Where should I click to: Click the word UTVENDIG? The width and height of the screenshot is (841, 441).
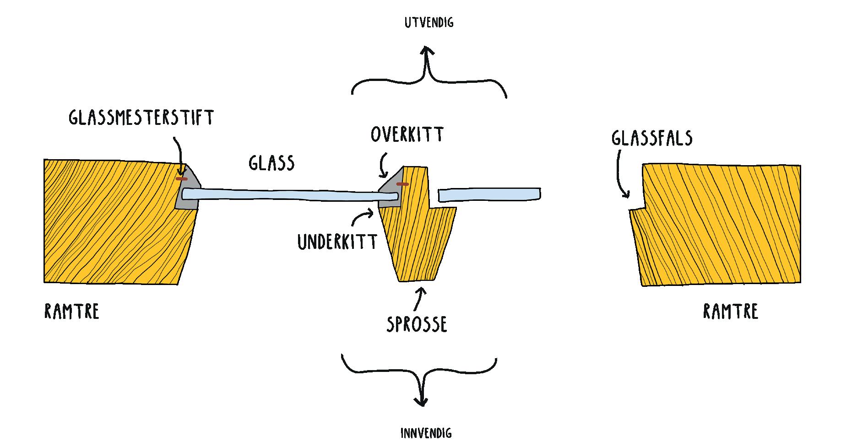click(x=429, y=23)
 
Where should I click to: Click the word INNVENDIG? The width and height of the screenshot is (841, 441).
click(x=426, y=433)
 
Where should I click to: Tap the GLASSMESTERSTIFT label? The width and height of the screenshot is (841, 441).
click(x=141, y=118)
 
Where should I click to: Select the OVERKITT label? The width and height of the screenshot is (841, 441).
click(x=407, y=134)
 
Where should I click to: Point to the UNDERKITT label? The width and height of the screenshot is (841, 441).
click(x=337, y=242)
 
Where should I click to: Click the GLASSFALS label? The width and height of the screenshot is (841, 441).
click(x=651, y=138)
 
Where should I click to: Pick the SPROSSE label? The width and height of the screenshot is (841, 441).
click(x=417, y=324)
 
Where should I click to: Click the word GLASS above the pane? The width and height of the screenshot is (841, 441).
click(x=271, y=163)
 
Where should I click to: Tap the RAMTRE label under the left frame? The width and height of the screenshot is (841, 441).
click(x=72, y=312)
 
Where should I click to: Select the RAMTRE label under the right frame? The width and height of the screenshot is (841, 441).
click(x=730, y=312)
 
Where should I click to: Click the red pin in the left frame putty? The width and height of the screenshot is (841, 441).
click(x=181, y=178)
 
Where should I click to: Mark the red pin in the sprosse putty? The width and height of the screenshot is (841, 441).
click(x=402, y=184)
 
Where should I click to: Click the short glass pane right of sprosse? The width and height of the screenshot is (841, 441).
click(x=489, y=194)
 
